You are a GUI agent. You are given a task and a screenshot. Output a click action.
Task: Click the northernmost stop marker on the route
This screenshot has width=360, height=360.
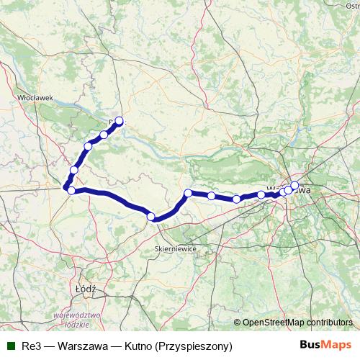click(x=119, y=121)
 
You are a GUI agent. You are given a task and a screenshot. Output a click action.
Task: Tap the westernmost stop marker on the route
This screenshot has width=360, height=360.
click(x=70, y=189)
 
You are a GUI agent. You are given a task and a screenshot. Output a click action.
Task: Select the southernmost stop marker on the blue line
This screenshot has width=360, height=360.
click(x=150, y=216)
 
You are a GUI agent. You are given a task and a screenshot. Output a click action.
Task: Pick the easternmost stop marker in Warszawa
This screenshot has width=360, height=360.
click(x=294, y=186)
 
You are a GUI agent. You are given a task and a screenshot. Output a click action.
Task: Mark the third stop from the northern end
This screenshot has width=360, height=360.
click(x=88, y=146)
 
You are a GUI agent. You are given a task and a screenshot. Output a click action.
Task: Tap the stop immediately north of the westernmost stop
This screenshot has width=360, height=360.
click(x=73, y=170)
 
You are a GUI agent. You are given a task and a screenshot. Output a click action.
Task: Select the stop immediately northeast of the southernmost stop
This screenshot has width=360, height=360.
click(x=187, y=193)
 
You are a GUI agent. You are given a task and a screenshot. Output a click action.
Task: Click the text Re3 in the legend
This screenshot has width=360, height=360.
click(x=32, y=346)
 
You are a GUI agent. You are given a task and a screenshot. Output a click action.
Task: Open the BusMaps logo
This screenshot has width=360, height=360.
click(x=326, y=346)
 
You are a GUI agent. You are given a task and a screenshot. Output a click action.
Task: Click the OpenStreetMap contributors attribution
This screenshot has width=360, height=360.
click(x=297, y=323)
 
